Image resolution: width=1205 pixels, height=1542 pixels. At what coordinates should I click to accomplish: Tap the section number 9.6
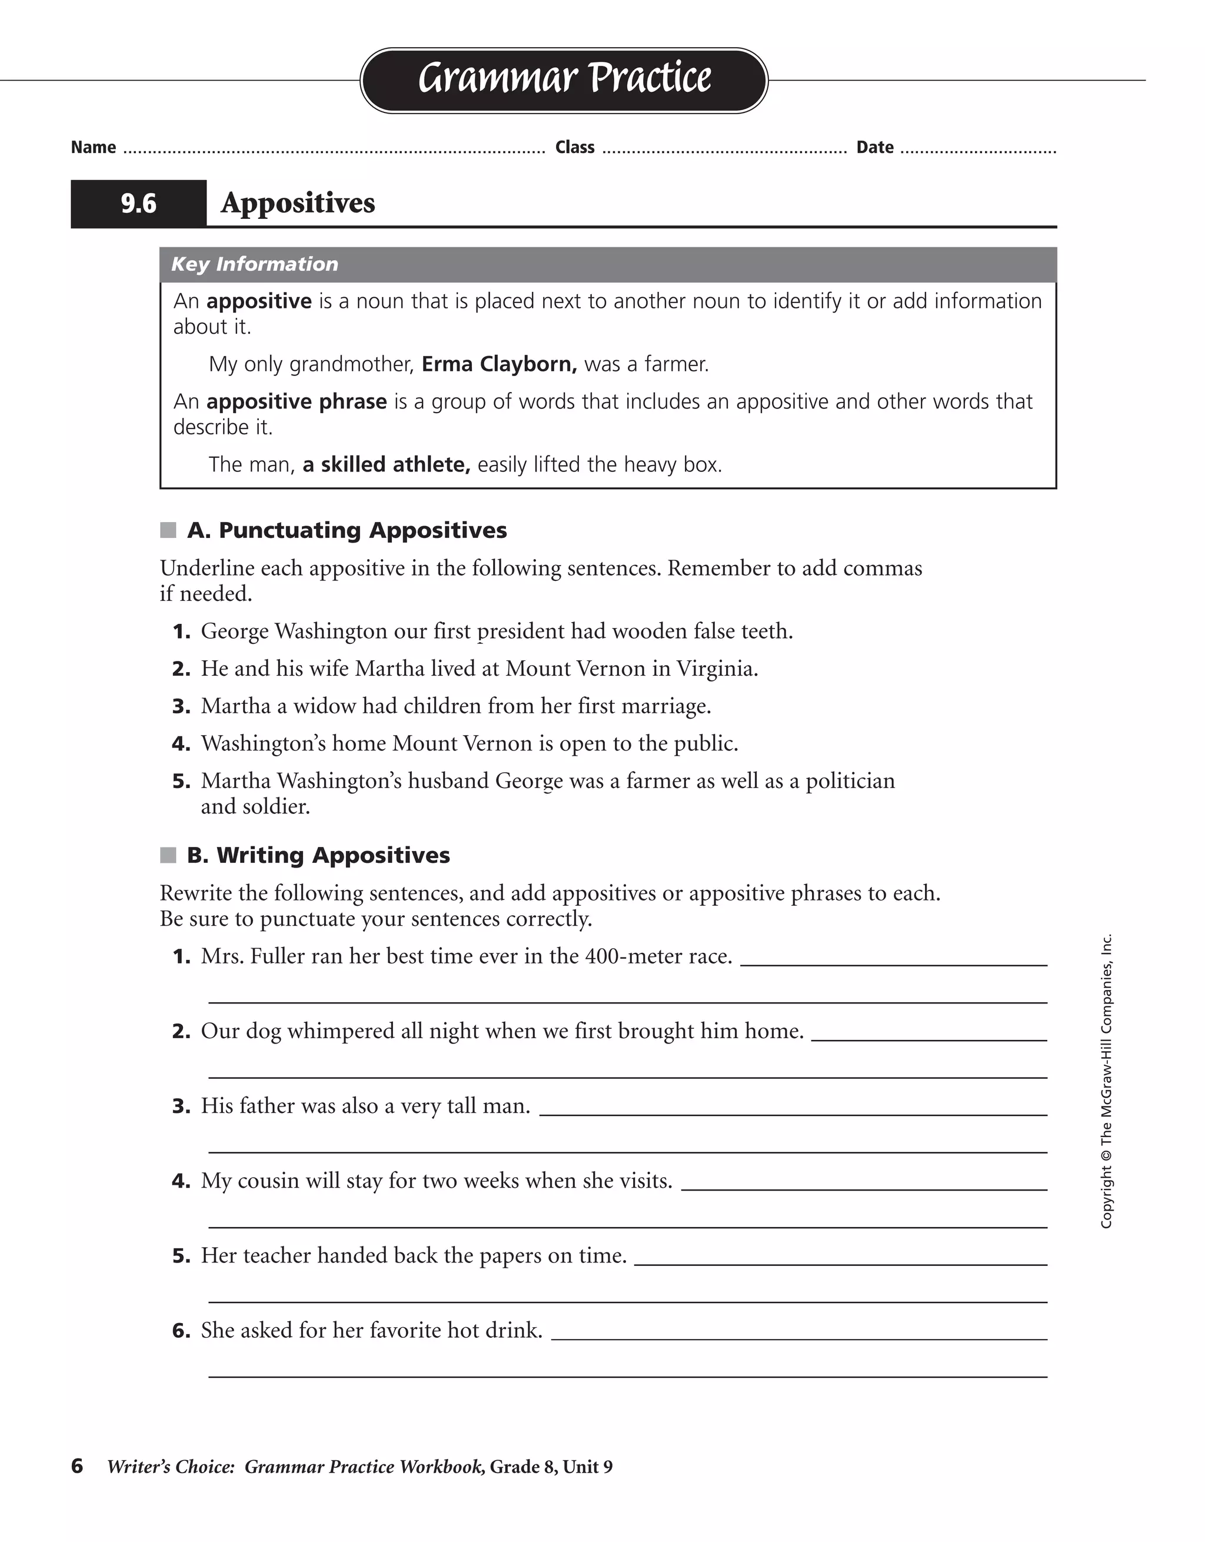[138, 204]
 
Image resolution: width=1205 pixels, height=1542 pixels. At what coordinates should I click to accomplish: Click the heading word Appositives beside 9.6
[298, 203]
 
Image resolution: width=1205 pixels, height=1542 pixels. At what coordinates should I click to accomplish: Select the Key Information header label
[255, 264]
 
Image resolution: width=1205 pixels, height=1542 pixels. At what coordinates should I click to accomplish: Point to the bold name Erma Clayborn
[499, 364]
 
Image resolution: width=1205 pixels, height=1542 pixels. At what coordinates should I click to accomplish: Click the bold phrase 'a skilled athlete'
[386, 464]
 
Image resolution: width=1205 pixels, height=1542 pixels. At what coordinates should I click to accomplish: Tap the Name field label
[93, 148]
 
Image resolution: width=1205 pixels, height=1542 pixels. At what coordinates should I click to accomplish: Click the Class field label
[575, 148]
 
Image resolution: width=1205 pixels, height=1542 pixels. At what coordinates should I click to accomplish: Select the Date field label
[875, 148]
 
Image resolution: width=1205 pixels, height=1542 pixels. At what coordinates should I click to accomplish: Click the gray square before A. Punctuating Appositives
[168, 530]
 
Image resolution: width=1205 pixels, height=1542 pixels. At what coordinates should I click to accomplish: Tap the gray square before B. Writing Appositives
[168, 856]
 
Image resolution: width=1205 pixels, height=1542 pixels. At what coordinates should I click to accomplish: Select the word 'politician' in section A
[850, 781]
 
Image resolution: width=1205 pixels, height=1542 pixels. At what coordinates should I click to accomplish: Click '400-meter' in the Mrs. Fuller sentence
[633, 957]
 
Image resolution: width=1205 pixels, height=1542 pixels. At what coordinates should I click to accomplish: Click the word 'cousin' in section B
[268, 1181]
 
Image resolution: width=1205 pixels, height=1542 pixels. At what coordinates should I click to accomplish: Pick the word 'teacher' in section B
[275, 1256]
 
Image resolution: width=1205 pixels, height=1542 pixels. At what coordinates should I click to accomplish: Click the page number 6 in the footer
[77, 1467]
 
